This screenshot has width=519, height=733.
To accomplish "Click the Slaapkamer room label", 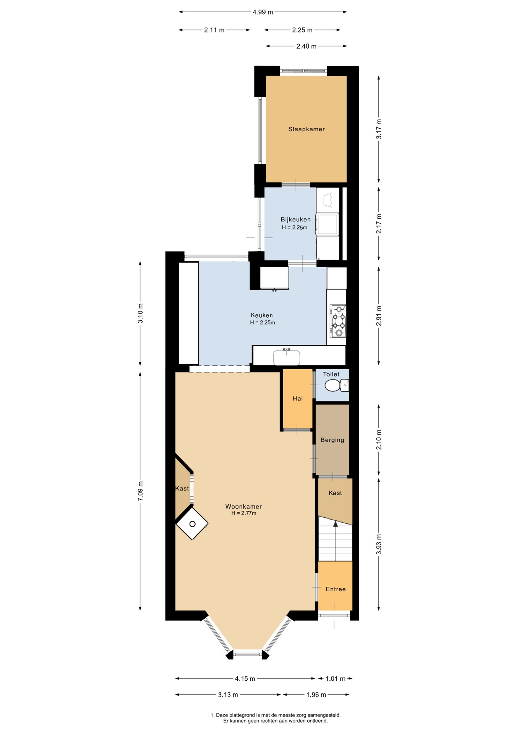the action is pyautogui.click(x=307, y=129).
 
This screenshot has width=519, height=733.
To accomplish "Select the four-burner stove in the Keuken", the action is pyautogui.click(x=338, y=321).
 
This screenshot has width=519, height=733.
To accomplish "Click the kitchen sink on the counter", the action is pyautogui.click(x=287, y=358).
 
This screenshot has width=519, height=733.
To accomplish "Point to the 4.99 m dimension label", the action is pyautogui.click(x=263, y=12).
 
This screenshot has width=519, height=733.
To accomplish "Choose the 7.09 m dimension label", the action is pyautogui.click(x=140, y=491).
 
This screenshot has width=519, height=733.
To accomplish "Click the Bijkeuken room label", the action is pyautogui.click(x=296, y=220).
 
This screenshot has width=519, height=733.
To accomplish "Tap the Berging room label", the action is pyautogui.click(x=332, y=440).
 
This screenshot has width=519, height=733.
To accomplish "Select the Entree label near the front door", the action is pyautogui.click(x=336, y=589).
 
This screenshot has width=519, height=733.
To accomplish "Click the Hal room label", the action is pyautogui.click(x=298, y=399).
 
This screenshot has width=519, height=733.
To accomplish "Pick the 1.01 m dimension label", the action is pyautogui.click(x=335, y=678).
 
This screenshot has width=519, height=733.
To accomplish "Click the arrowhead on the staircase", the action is pyautogui.click(x=336, y=524).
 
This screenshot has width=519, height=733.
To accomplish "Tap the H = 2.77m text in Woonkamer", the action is pyautogui.click(x=243, y=513).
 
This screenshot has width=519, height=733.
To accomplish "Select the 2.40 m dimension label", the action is pyautogui.click(x=307, y=46).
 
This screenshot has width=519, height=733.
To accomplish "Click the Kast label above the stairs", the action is pyautogui.click(x=335, y=493).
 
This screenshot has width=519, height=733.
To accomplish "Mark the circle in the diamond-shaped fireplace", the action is pyautogui.click(x=192, y=524).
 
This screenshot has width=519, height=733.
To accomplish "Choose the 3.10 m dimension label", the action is pyautogui.click(x=140, y=313).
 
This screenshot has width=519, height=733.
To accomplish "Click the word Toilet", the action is pyautogui.click(x=331, y=374).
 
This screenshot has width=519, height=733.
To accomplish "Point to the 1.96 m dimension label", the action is pyautogui.click(x=316, y=694).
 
